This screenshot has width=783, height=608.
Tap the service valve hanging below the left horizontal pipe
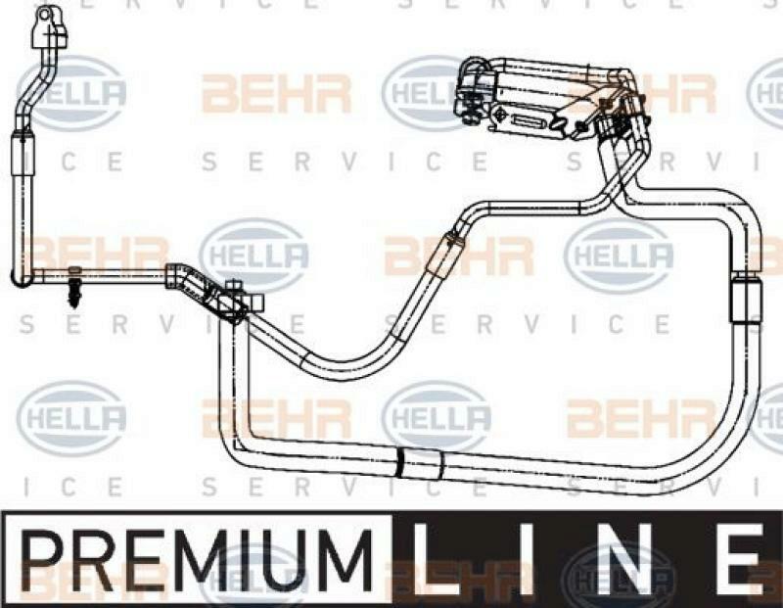pos(75,289)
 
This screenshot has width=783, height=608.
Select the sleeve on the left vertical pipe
pos(23,154)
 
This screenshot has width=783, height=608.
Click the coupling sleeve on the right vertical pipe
pos(746,302)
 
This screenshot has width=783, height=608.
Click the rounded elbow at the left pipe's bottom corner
pos(21,278)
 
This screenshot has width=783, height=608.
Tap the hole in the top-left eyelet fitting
pos(46,14)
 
